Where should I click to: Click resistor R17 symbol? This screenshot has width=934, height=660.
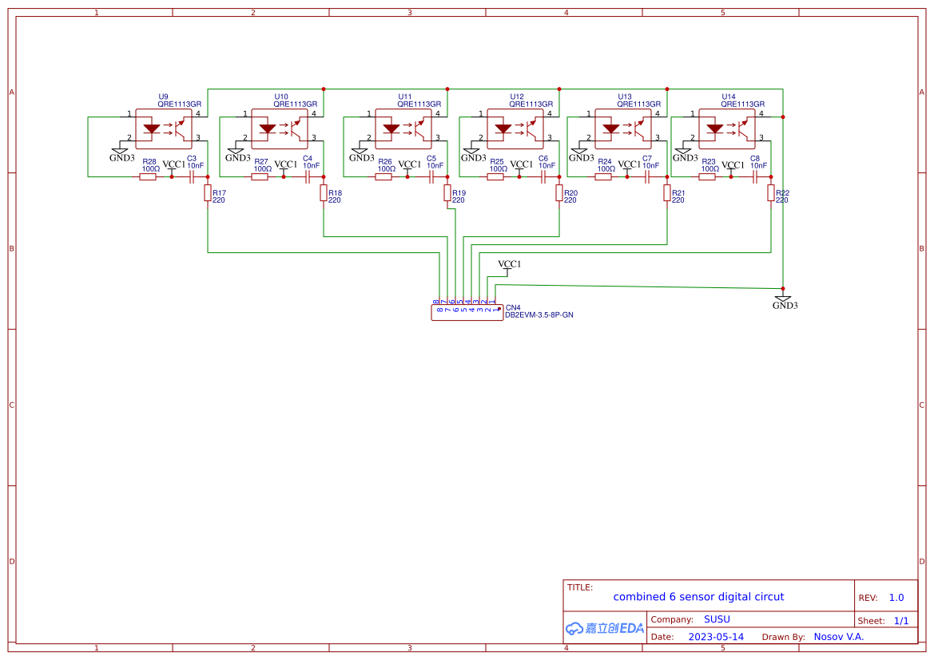208,192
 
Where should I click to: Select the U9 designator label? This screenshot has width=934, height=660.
163,97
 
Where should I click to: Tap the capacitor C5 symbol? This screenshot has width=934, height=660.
431,176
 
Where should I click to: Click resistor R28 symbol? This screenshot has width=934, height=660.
148,176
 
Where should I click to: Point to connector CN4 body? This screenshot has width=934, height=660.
467,313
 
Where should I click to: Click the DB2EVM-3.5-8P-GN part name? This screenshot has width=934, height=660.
539,315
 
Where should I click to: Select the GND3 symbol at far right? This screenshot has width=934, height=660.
785,300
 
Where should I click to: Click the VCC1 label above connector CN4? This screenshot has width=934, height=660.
509,264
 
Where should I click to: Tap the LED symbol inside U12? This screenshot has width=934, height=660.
503,128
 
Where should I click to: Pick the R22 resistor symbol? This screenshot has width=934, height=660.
771,192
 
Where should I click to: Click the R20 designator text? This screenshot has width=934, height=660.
570,193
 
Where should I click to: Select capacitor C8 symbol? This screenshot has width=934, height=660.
755,176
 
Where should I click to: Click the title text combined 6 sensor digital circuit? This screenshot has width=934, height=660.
698,597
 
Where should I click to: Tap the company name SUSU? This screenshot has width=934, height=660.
717,619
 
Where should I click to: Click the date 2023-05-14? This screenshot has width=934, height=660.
716,637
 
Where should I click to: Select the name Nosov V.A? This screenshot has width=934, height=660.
838,637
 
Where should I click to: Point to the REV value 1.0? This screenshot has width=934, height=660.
896,598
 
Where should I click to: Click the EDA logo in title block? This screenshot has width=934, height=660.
604,628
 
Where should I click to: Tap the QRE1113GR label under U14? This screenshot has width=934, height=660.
742,104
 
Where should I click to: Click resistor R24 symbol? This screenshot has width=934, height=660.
603,176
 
